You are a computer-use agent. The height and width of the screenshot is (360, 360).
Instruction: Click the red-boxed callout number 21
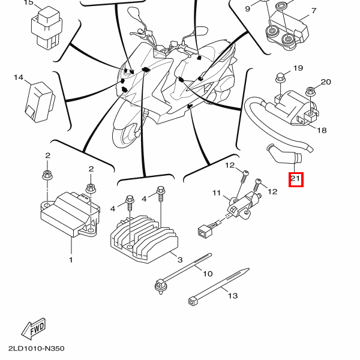tap(296, 179)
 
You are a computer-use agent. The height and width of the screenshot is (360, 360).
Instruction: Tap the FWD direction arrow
tap(34, 328)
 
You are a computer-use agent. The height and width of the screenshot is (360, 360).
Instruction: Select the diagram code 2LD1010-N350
tap(36, 349)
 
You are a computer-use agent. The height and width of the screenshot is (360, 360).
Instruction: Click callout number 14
tap(18, 78)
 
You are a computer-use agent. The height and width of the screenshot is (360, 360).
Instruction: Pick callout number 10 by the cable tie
tap(207, 274)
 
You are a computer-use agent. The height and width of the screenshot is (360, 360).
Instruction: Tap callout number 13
tap(233, 296)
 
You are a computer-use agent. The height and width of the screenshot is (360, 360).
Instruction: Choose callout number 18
tap(322, 130)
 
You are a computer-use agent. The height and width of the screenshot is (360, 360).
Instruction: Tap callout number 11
tap(217, 193)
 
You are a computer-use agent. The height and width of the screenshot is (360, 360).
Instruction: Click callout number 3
tap(179, 259)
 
